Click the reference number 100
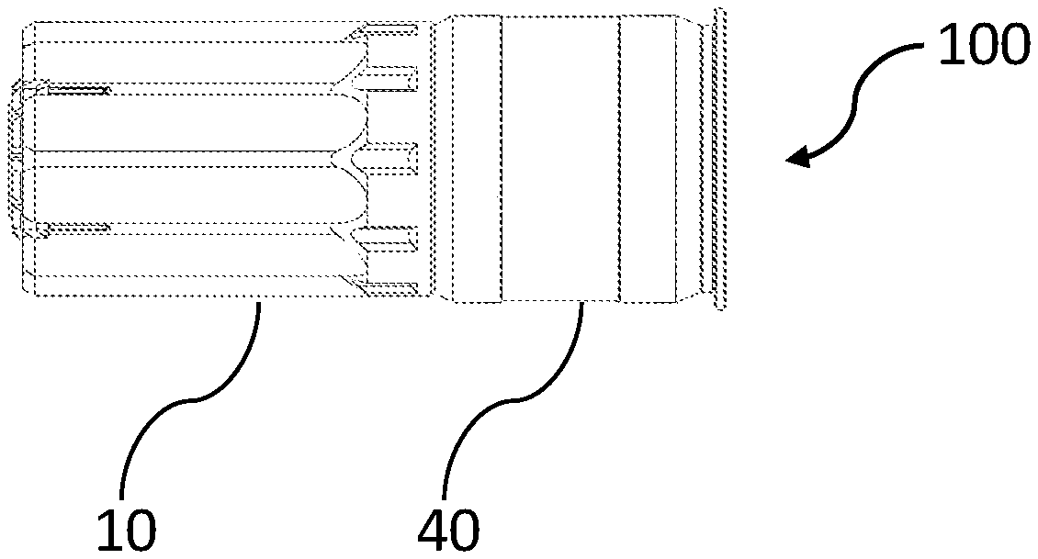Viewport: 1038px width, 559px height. point(980,43)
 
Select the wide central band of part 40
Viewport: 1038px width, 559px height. point(561,160)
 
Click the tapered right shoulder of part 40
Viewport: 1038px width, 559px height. point(688,160)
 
